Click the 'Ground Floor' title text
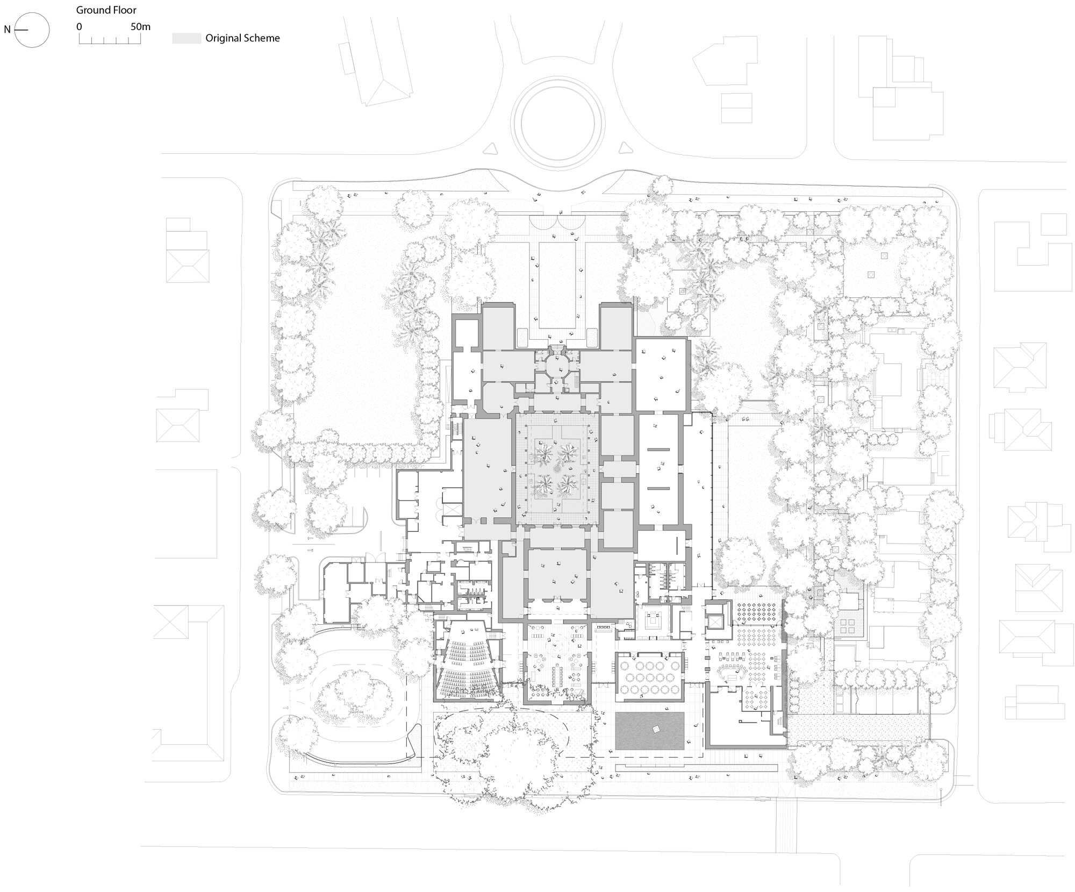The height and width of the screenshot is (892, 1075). (106, 10)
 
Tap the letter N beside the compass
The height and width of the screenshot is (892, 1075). (7, 30)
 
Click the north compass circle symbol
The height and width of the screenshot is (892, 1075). (32, 30)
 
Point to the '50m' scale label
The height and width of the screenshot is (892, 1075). (140, 26)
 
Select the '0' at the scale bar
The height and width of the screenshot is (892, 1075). (79, 26)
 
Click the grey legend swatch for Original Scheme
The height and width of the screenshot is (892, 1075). (187, 38)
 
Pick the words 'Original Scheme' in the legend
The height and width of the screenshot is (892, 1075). (242, 38)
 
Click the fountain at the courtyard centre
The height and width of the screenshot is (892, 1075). (556, 469)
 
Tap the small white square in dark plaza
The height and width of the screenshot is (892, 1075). (655, 729)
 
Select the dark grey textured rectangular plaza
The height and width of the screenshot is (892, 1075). (649, 731)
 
